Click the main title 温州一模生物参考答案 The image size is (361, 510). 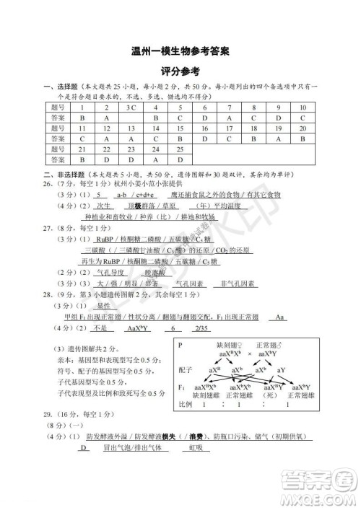pos(180,52)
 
